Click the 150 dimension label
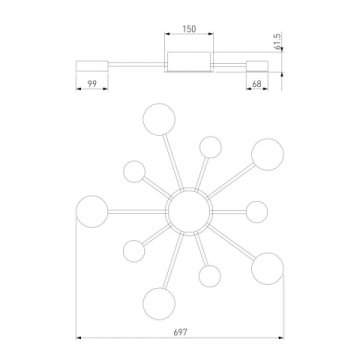(189, 29)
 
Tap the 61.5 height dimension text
(278, 41)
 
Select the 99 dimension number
(92, 84)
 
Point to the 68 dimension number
(257, 84)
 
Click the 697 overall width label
(180, 332)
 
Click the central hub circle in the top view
(189, 211)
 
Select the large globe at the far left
(92, 211)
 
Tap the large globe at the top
(159, 119)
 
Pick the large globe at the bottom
(159, 304)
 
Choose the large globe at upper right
(268, 154)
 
